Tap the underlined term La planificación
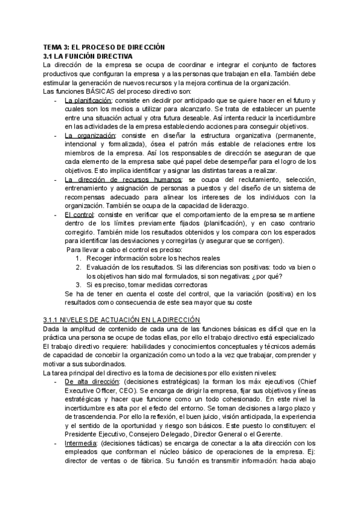point(88,100)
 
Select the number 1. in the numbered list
point(79,259)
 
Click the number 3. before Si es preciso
point(79,285)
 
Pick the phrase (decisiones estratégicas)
point(157,382)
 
